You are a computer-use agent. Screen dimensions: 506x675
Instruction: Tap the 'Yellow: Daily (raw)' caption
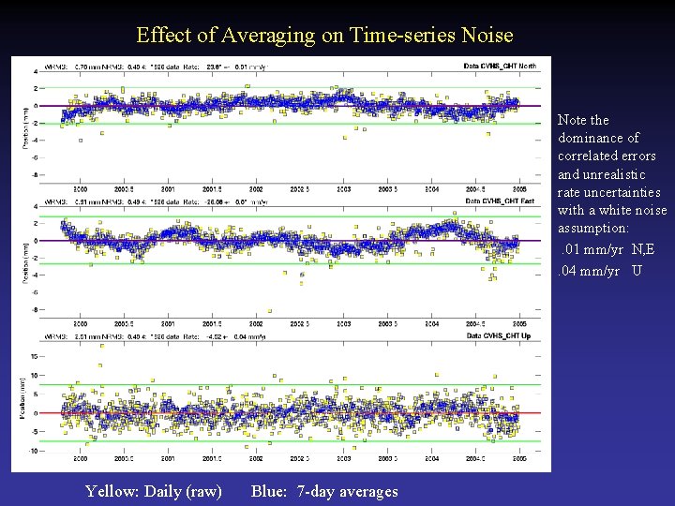click(x=154, y=491)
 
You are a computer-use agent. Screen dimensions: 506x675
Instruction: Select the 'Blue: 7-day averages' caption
click(x=324, y=491)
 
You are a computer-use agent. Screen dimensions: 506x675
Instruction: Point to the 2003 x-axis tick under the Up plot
click(x=344, y=459)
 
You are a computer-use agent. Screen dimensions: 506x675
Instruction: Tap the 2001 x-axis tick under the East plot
click(x=167, y=324)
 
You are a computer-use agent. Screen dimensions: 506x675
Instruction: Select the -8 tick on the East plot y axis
click(x=60, y=310)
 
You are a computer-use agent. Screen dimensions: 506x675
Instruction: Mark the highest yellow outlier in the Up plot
click(x=99, y=365)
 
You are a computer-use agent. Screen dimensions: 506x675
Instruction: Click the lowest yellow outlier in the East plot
click(x=270, y=310)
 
